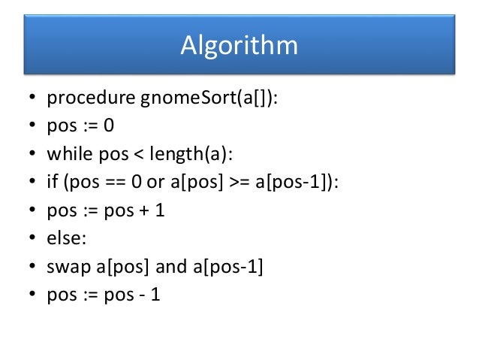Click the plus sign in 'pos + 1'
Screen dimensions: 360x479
[x=136, y=211]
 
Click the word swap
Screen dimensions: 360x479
[x=67, y=267]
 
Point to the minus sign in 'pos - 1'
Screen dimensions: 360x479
[x=134, y=295]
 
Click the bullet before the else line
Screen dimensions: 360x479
[x=32, y=240]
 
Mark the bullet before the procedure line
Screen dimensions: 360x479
[x=32, y=98]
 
